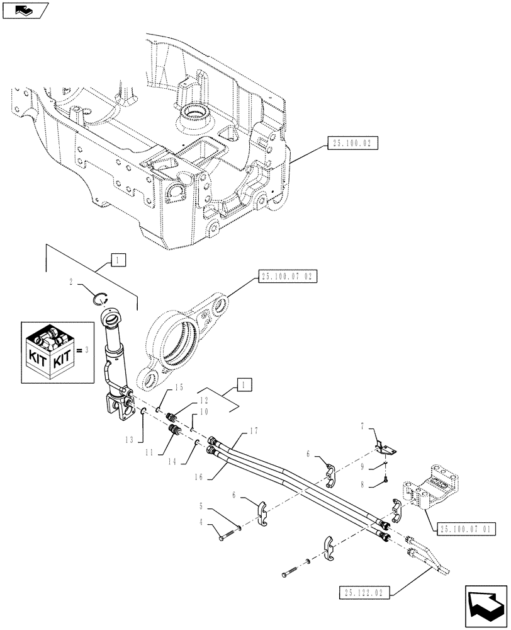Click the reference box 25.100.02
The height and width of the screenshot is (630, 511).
click(352, 144)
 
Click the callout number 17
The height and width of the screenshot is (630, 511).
click(254, 431)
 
